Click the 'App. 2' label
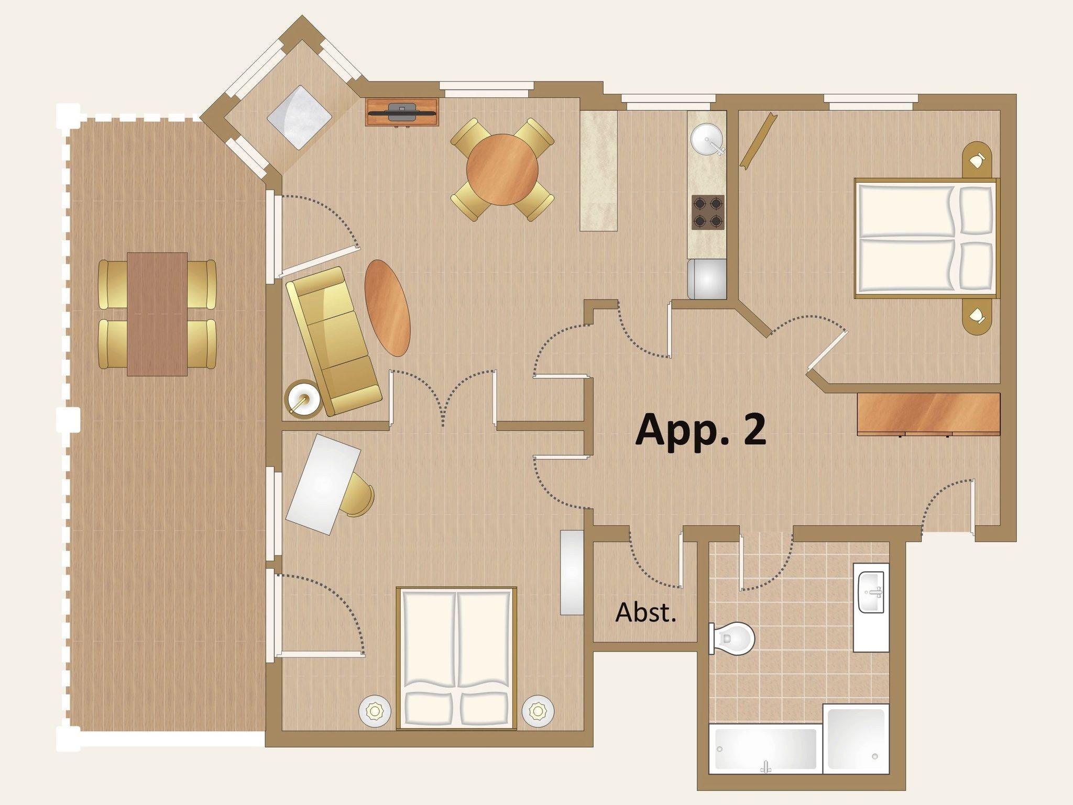(700, 429)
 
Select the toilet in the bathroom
(731, 639)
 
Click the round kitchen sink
(707, 139)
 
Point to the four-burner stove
(708, 213)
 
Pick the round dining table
(502, 170)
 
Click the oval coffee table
(387, 308)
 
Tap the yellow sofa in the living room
(333, 341)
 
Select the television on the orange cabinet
(402, 112)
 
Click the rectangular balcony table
(157, 314)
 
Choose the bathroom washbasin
(871, 592)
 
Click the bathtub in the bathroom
(765, 748)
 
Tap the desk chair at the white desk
(358, 495)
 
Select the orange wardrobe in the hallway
(928, 414)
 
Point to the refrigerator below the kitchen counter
(707, 279)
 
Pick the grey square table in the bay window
(299, 117)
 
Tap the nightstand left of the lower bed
(375, 711)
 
